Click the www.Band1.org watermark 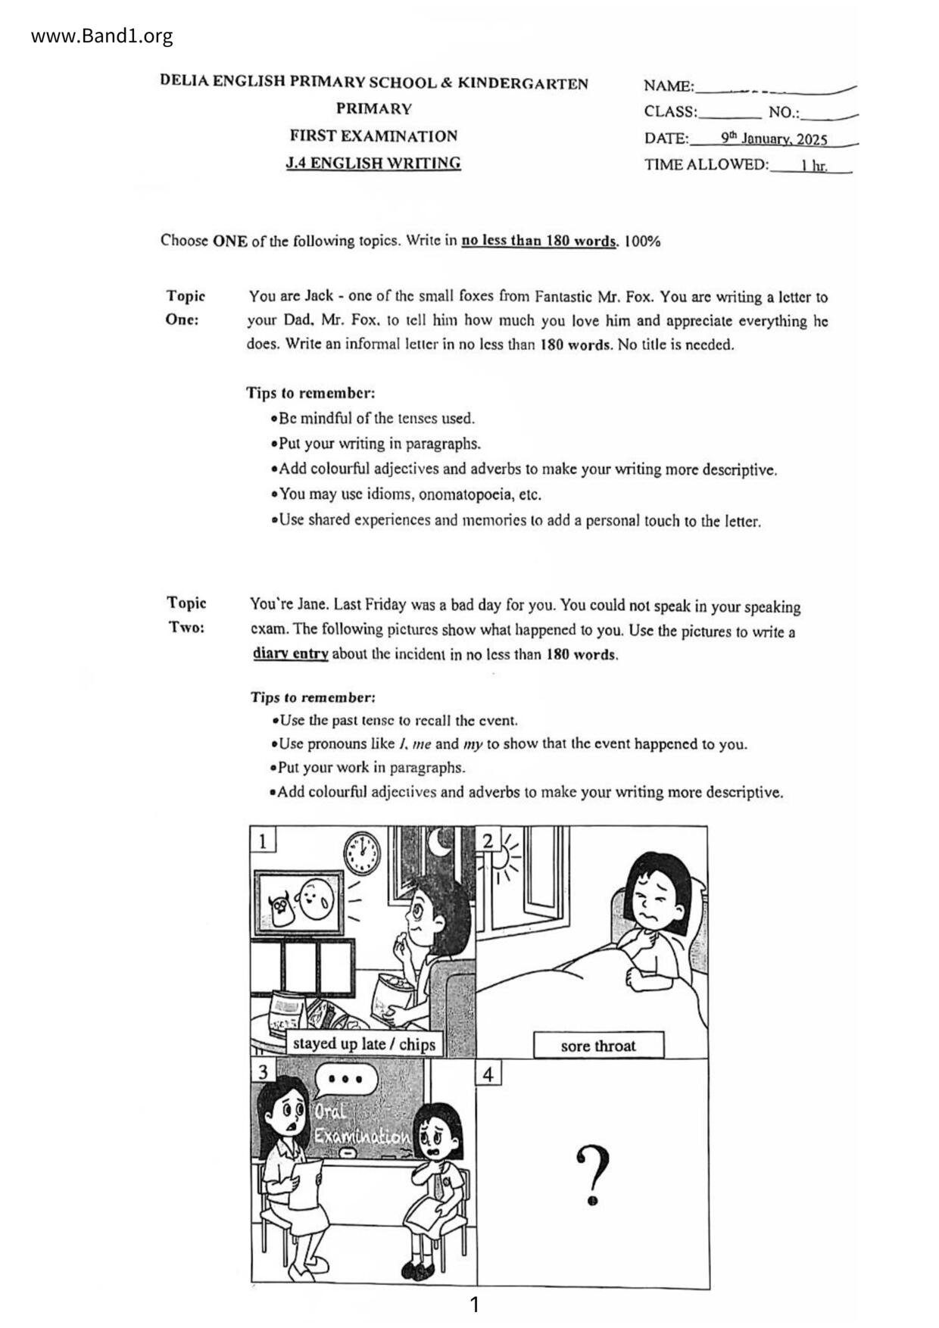click(102, 36)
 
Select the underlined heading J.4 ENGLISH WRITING click(373, 163)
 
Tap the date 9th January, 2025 click(774, 139)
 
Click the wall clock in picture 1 click(362, 853)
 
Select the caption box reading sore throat click(598, 1046)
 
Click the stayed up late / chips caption click(363, 1043)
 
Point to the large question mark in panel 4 click(593, 1174)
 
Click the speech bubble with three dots click(345, 1080)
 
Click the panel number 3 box click(263, 1071)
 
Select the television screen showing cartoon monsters click(299, 903)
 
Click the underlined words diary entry click(290, 653)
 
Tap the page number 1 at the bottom click(475, 1305)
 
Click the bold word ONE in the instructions click(229, 241)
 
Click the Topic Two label click(186, 615)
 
